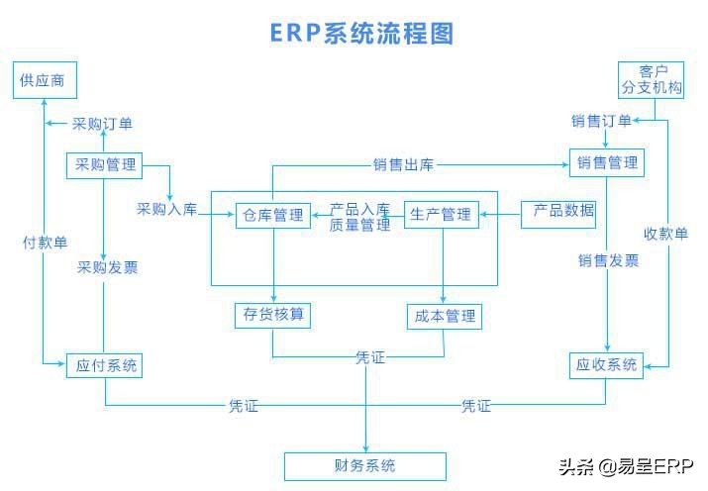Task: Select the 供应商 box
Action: click(x=45, y=80)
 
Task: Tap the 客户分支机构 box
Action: click(x=650, y=79)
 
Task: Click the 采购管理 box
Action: click(x=104, y=165)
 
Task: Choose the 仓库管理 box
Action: click(x=272, y=215)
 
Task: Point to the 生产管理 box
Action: click(x=441, y=215)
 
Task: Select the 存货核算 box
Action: click(x=272, y=316)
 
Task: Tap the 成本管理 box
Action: click(x=443, y=317)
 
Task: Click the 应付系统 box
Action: click(x=104, y=365)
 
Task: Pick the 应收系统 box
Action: click(x=606, y=364)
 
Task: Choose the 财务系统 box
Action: click(x=364, y=465)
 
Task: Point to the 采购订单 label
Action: click(x=102, y=124)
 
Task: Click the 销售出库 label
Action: click(x=404, y=164)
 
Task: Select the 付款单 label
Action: click(x=45, y=243)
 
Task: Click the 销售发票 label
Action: click(x=609, y=261)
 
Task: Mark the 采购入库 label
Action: click(x=166, y=210)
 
